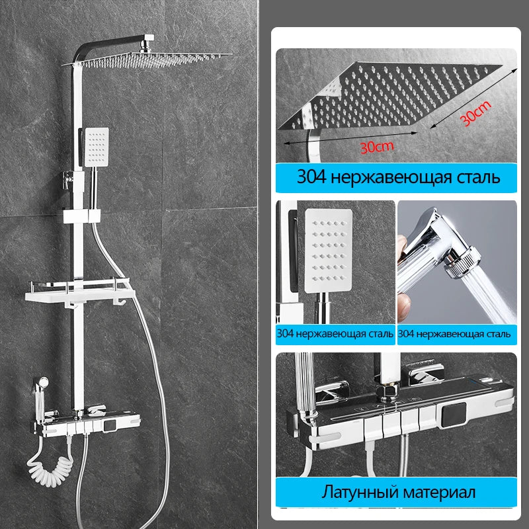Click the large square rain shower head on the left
(147, 59)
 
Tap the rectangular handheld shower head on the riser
(97, 147)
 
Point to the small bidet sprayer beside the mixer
(40, 395)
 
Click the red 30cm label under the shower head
(376, 147)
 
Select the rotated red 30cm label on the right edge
(475, 113)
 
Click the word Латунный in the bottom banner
(360, 492)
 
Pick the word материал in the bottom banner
(439, 493)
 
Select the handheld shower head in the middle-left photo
(328, 251)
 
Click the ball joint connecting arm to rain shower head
(146, 46)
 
